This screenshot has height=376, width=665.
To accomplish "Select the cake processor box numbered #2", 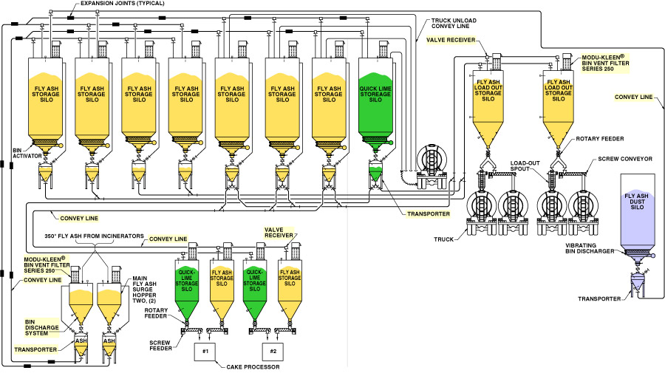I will click(273, 352).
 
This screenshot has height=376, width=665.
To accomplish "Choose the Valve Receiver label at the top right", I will click(465, 39).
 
